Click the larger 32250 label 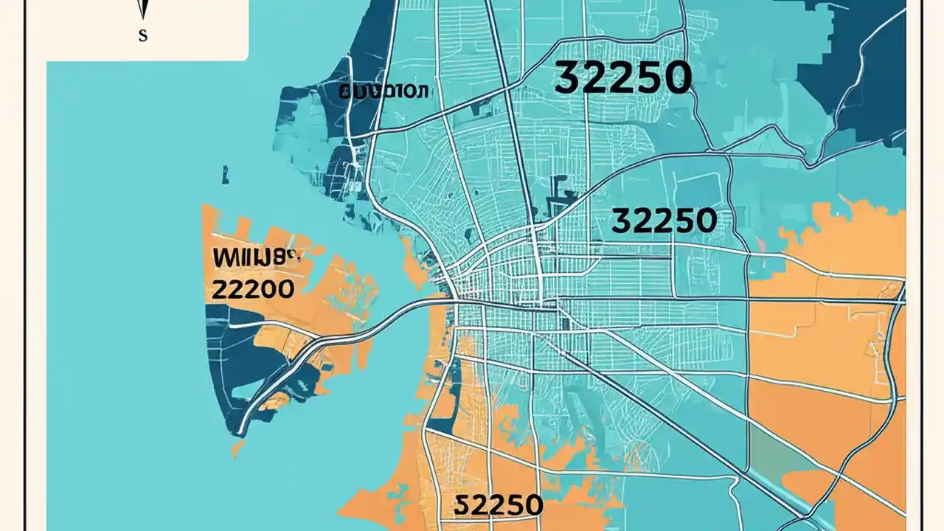(x=622, y=78)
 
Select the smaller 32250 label (x=664, y=221)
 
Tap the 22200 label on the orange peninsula (x=252, y=288)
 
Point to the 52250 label (x=499, y=505)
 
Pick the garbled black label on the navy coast (x=383, y=92)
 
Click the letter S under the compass (x=142, y=35)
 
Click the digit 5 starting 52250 (x=461, y=505)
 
